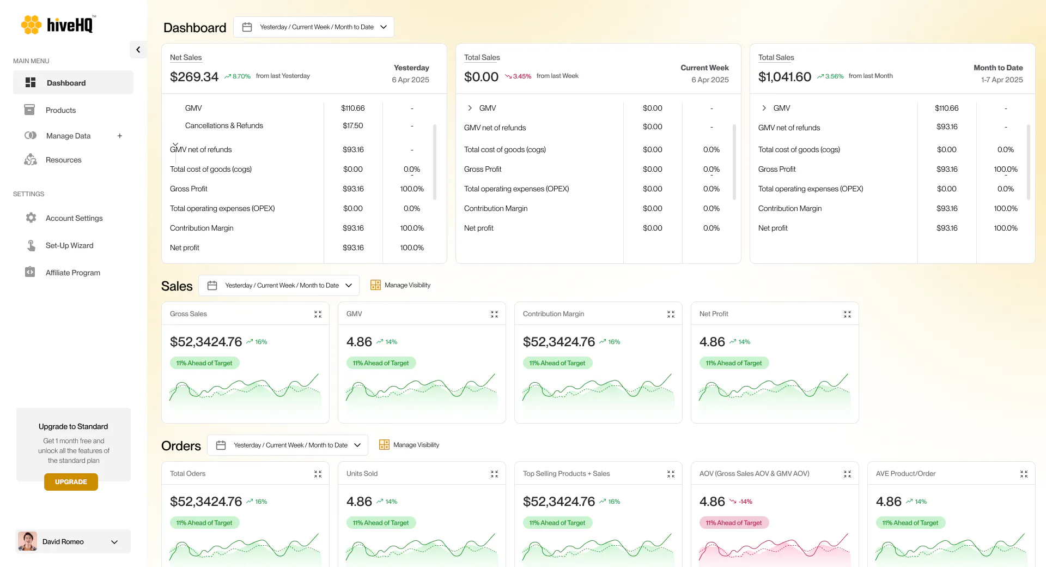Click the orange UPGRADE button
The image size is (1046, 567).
point(71,482)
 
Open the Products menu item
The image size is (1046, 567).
point(60,110)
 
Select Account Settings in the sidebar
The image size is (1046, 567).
point(74,218)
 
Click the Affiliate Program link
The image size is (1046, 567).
point(72,273)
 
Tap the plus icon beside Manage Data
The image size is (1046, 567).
point(120,136)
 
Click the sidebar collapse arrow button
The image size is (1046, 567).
point(138,50)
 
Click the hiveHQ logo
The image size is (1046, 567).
point(58,25)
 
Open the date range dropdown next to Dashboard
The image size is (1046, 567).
point(314,27)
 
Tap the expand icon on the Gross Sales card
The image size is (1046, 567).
point(318,314)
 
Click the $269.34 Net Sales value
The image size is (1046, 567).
point(194,77)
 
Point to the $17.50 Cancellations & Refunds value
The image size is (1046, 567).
point(353,125)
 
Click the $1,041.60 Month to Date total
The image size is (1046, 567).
point(784,77)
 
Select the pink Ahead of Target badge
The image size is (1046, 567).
point(734,523)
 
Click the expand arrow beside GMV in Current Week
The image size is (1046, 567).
point(470,108)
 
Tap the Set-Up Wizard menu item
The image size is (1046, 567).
point(69,245)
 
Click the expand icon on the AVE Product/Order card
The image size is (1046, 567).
point(1024,474)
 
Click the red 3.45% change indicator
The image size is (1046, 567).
point(518,76)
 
